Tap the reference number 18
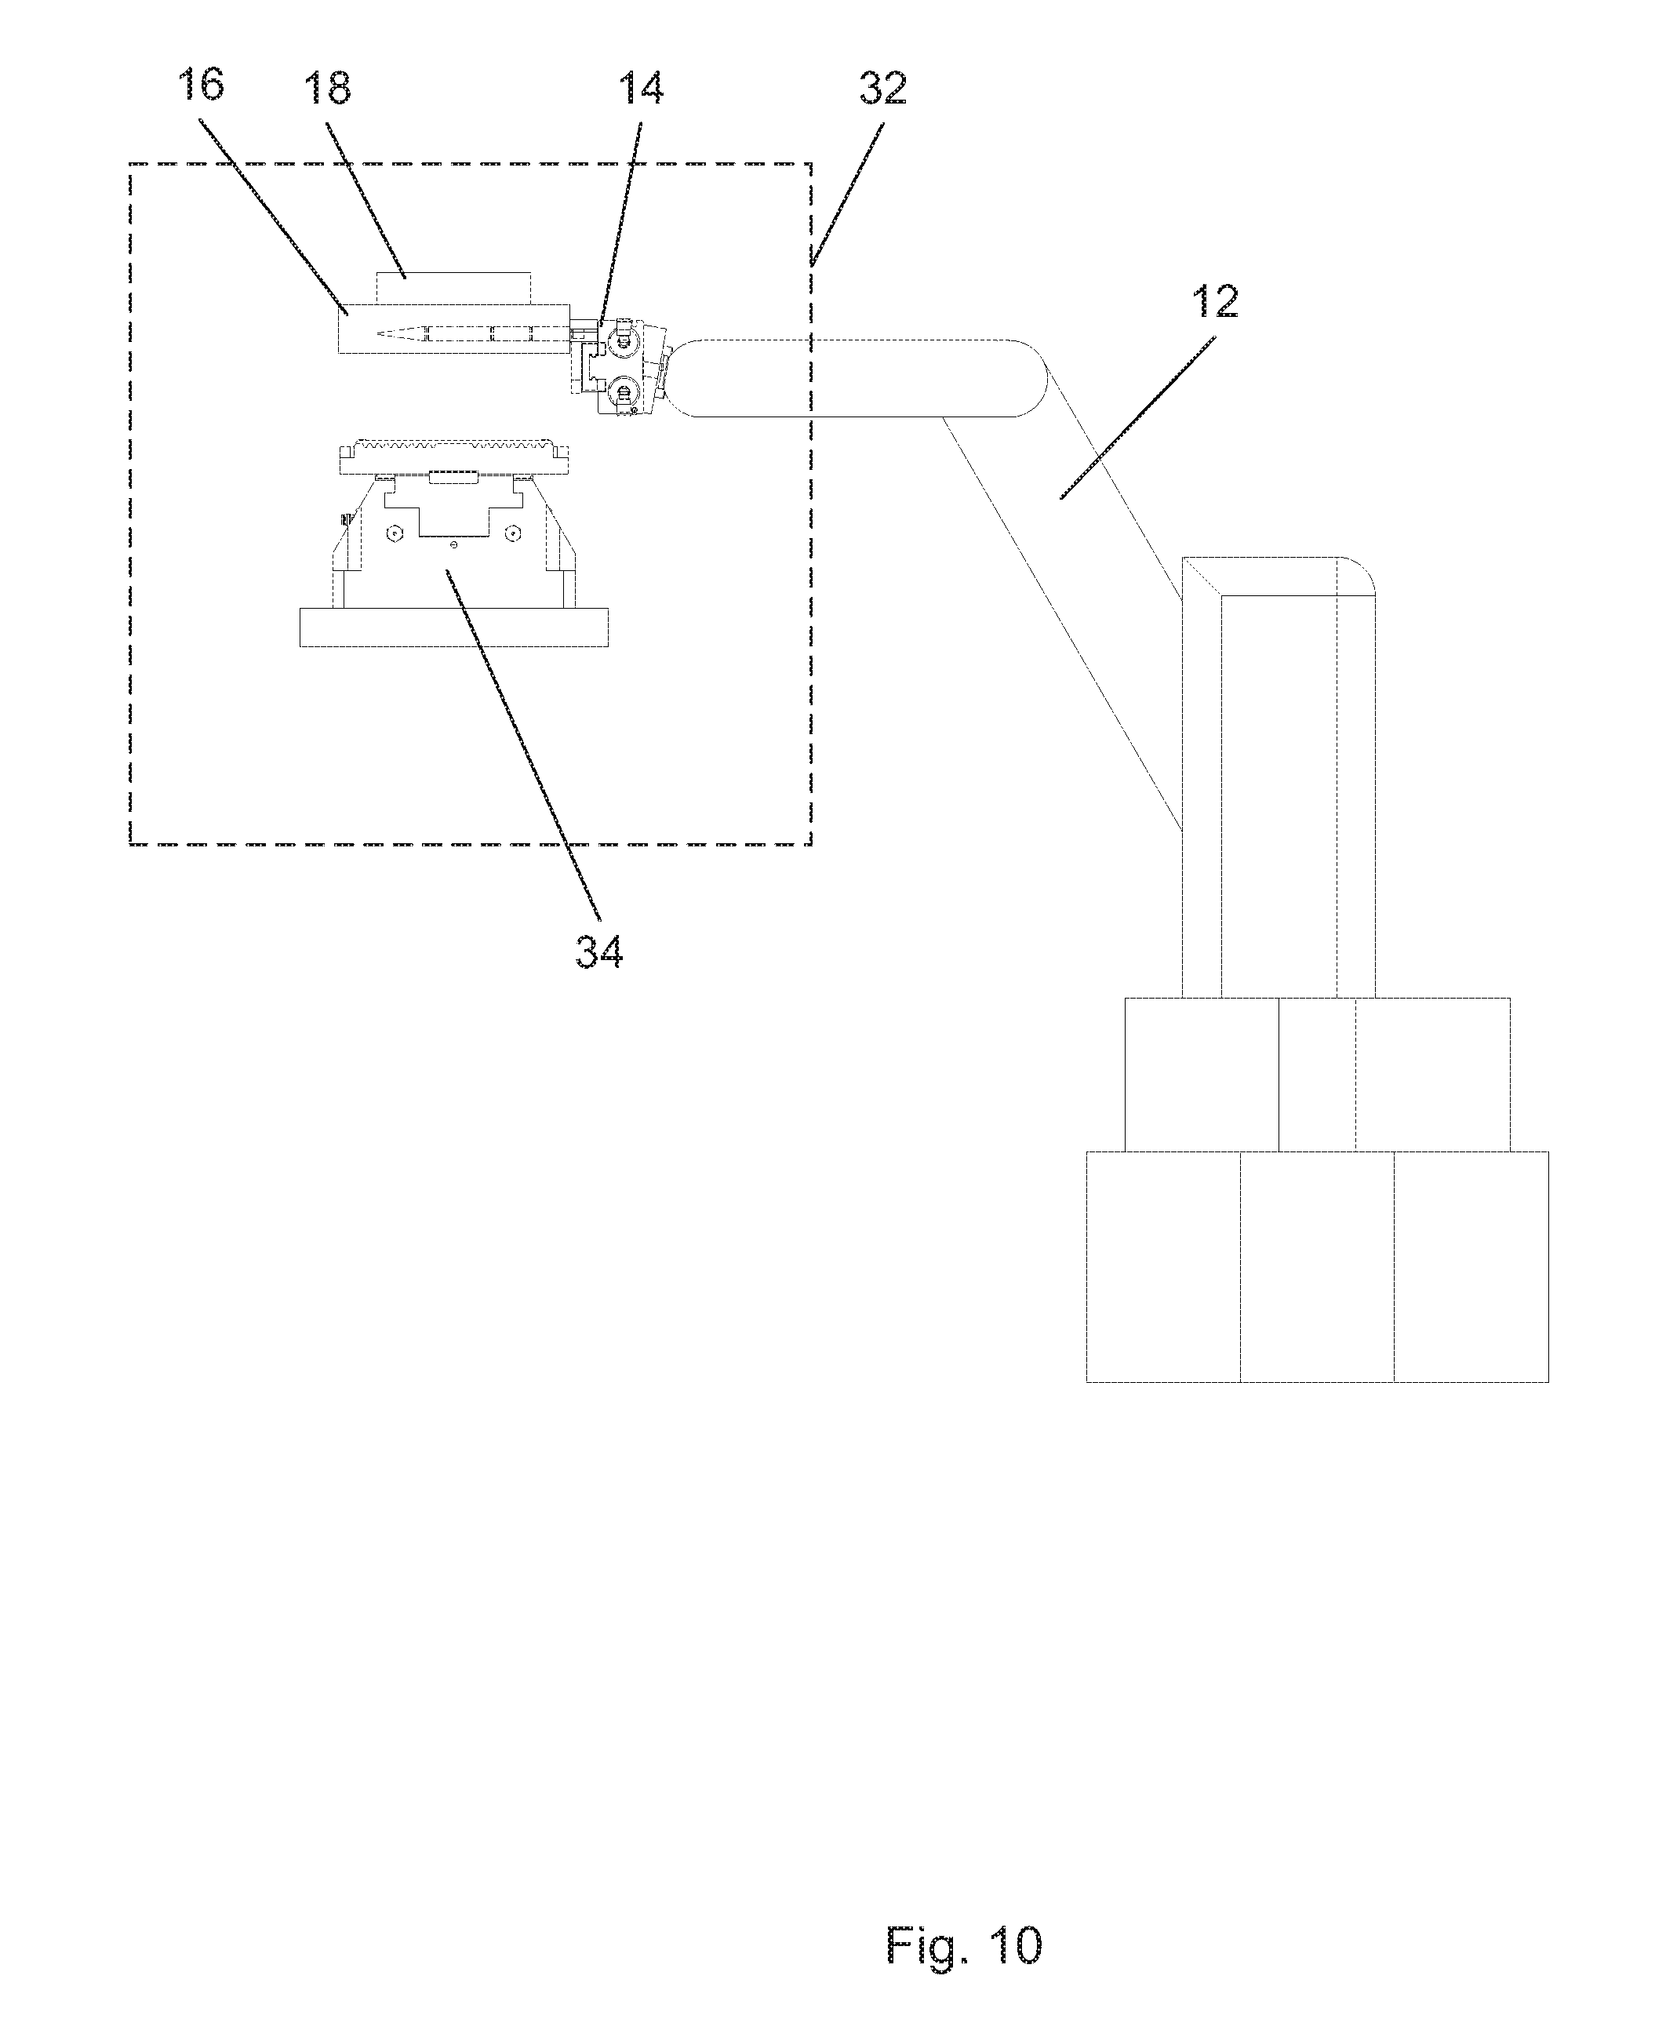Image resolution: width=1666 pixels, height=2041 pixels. click(x=327, y=89)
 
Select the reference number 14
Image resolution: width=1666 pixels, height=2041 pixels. click(x=640, y=89)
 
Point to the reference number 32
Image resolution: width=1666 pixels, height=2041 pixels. click(x=883, y=89)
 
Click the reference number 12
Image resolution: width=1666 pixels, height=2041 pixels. click(x=1215, y=302)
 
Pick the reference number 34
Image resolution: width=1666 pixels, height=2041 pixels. click(x=598, y=952)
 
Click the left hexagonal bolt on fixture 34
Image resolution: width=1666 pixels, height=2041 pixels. click(x=391, y=533)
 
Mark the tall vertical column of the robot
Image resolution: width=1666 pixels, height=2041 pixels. click(x=1279, y=787)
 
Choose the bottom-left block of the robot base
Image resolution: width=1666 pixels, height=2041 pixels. click(x=1163, y=1267)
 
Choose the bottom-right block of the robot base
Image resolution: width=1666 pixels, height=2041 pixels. click(x=1470, y=1267)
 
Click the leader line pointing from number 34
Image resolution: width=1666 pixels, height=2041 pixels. click(x=523, y=748)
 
